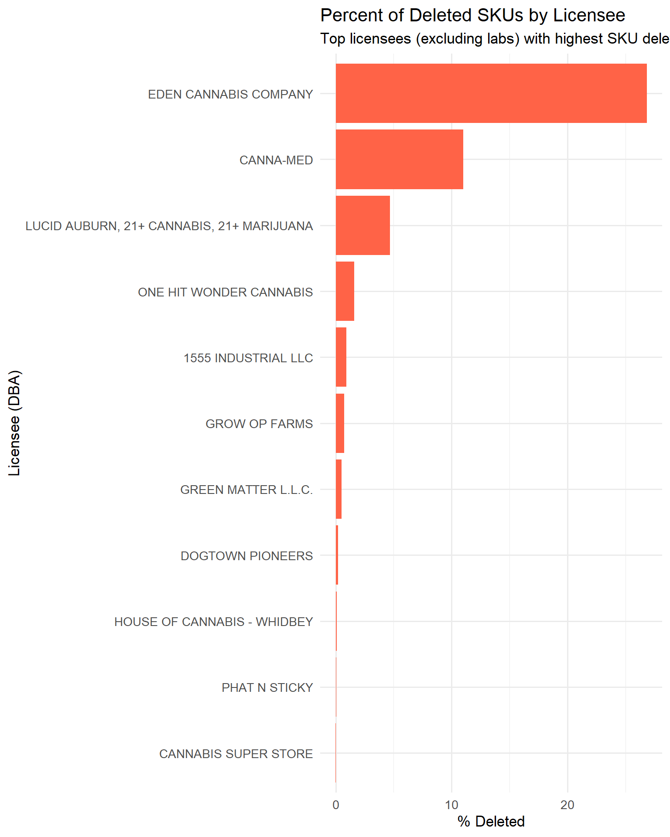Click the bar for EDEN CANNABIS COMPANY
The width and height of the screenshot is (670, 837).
coord(491,93)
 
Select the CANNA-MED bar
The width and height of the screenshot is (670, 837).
coord(399,160)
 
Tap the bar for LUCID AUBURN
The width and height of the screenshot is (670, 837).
coord(362,225)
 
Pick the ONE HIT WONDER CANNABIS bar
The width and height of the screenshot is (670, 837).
coord(345,291)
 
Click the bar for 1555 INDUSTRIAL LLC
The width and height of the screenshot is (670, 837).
coord(341,357)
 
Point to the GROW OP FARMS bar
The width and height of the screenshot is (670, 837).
coord(340,423)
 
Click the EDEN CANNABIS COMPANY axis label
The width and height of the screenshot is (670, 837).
coord(230,94)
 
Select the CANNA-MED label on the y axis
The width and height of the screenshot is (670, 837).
coord(276,160)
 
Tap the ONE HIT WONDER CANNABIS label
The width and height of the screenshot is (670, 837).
coord(225,292)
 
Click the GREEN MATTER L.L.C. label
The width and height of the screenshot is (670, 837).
coord(246,490)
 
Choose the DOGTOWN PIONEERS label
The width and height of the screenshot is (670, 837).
coord(246,556)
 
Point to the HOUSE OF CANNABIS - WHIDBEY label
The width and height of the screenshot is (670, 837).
coord(213,622)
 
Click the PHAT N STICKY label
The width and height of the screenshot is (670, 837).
coord(267,687)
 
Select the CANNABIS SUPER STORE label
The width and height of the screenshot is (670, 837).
coord(236,754)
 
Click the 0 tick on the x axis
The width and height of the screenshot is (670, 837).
coord(335,805)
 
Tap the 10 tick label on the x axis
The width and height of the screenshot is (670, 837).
coord(451,805)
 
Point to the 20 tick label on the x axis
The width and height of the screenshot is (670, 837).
coord(567,805)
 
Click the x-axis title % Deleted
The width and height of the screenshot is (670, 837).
coord(491,821)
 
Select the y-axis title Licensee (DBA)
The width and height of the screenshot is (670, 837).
coord(14,423)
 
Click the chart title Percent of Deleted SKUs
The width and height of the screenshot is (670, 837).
coord(472,16)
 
